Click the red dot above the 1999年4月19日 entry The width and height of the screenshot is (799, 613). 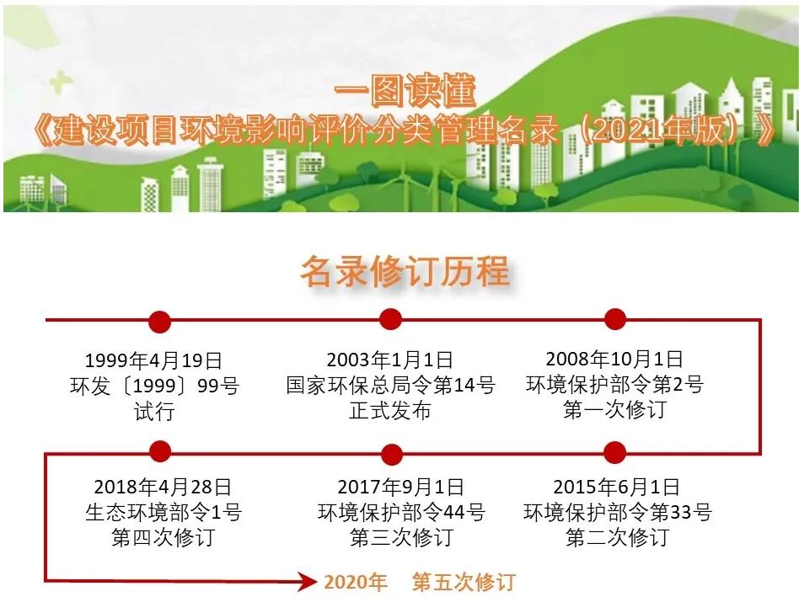(x=159, y=322)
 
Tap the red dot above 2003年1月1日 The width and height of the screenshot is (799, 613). (x=391, y=320)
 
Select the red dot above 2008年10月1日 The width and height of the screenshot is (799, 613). (x=615, y=319)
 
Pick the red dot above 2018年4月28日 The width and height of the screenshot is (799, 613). (x=160, y=451)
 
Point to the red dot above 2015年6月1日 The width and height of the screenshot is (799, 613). (x=615, y=451)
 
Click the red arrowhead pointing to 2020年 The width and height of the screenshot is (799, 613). (x=308, y=581)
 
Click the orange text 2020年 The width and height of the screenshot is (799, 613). (x=355, y=582)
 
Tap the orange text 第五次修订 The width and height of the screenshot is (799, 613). (x=464, y=582)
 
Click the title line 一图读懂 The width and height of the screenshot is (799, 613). (x=405, y=91)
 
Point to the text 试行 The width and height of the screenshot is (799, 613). (x=154, y=411)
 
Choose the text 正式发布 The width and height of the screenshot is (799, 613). (x=390, y=410)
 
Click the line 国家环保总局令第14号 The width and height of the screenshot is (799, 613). (x=390, y=385)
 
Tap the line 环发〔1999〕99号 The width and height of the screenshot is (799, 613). (x=154, y=386)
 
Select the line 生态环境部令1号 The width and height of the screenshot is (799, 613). (x=163, y=512)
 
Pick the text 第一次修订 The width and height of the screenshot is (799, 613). (x=615, y=409)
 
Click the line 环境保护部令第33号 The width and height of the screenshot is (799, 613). (x=617, y=512)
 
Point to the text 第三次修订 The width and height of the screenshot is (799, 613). (x=401, y=538)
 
